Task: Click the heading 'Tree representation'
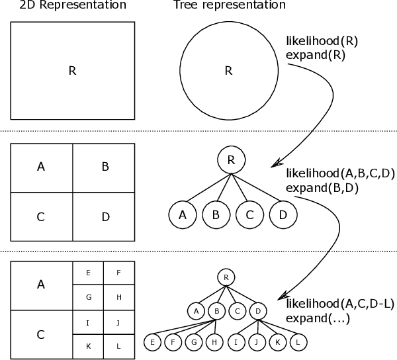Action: pos(229,5)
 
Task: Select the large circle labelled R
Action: pos(228,71)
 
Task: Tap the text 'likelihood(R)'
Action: pos(322,40)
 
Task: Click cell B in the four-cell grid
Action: pos(105,167)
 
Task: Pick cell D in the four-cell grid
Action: pos(105,216)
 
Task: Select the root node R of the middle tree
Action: pos(232,159)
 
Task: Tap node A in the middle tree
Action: pos(183,214)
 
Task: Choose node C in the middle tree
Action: pos(249,214)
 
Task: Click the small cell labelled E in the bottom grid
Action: pos(88,272)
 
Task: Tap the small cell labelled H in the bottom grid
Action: pos(119,297)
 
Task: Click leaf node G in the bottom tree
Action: pos(195,343)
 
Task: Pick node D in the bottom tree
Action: pos(259,309)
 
